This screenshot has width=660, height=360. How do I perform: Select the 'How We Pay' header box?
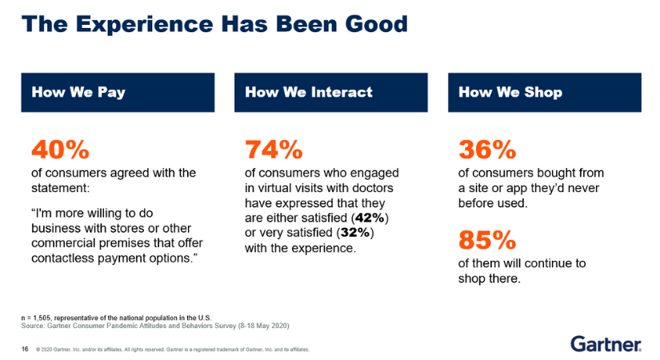[118, 92]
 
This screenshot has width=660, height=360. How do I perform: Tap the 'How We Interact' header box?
[330, 92]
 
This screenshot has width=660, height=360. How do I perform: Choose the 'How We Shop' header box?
[544, 92]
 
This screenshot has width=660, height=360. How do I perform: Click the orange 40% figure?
[60, 150]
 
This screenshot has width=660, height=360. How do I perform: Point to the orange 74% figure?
[274, 150]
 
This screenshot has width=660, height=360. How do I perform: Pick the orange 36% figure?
[487, 150]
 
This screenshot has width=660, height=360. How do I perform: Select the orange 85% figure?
[487, 240]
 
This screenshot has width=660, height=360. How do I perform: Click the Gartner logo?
[606, 344]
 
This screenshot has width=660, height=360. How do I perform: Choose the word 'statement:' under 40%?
[61, 188]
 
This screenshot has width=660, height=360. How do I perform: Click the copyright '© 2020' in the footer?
[45, 350]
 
